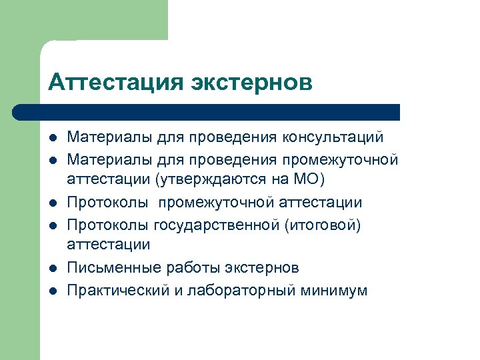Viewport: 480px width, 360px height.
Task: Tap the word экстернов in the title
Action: tap(252, 83)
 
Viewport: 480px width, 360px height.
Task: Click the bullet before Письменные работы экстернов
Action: tap(53, 267)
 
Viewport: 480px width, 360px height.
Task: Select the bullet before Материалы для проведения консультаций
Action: tap(53, 137)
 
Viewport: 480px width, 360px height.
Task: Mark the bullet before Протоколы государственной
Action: tap(53, 224)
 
